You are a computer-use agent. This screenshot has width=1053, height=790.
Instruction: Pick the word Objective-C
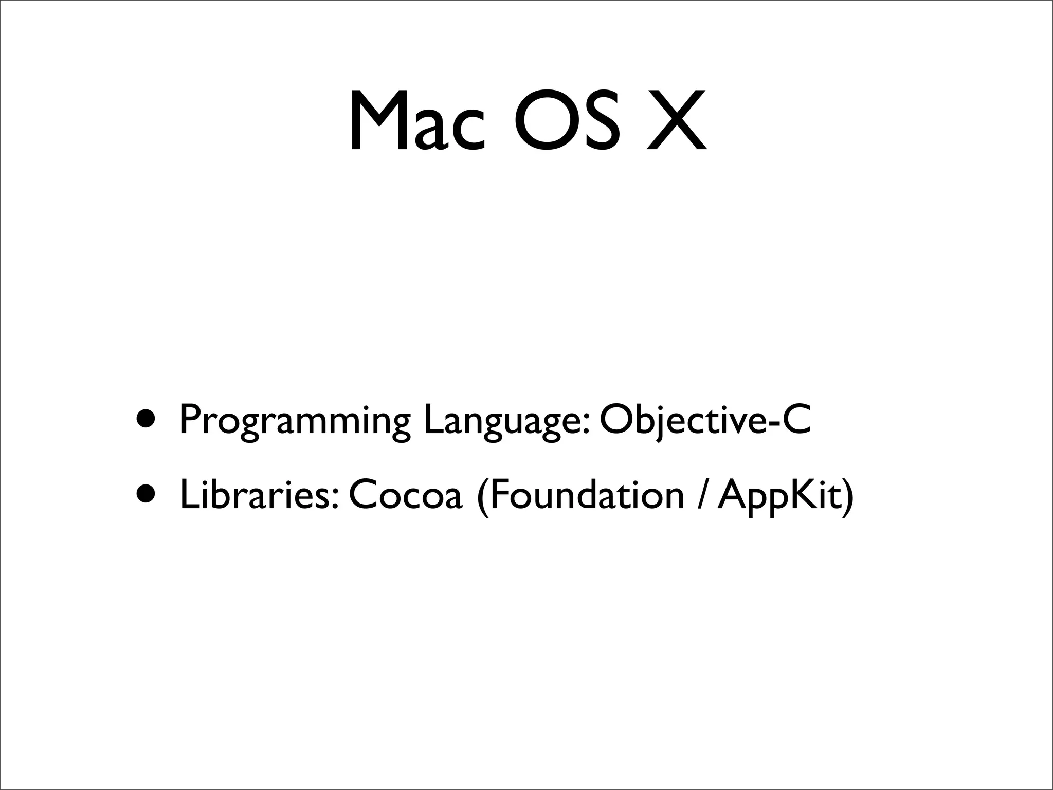click(705, 419)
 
